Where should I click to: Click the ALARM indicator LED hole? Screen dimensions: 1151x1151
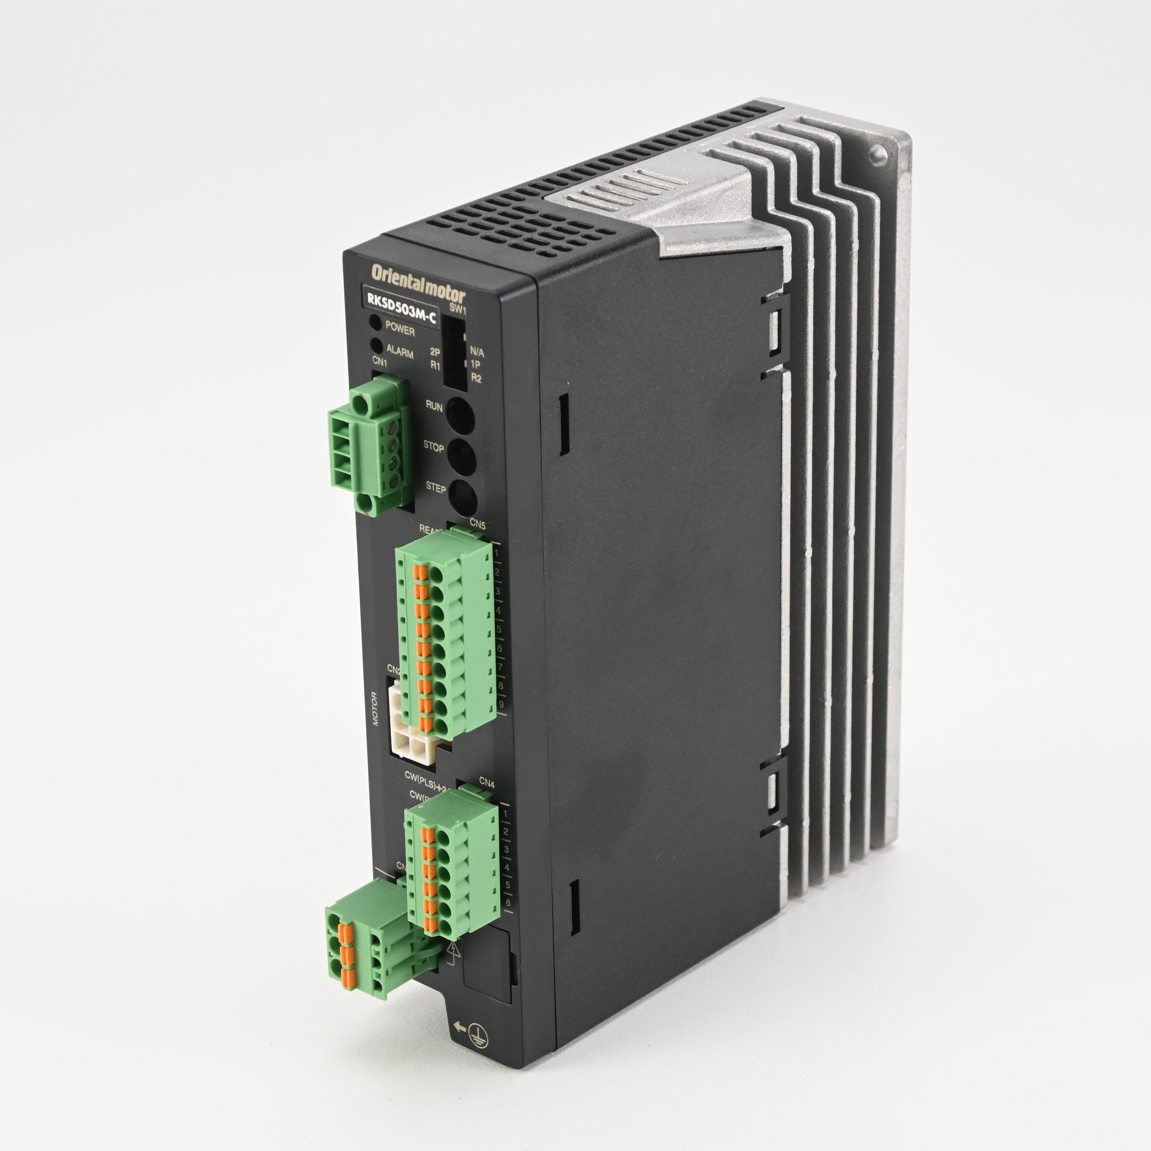coord(376,345)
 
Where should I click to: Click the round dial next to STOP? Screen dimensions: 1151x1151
coord(460,457)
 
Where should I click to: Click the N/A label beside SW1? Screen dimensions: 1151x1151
coord(477,352)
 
